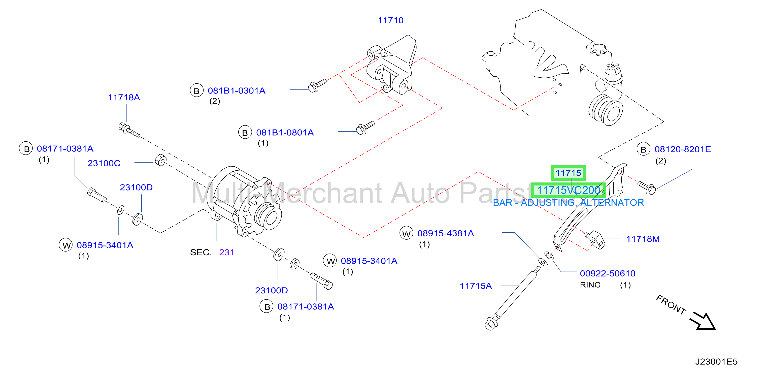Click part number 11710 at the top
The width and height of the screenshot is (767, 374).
click(390, 20)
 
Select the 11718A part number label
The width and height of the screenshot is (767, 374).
click(124, 98)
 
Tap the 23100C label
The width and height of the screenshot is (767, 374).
click(104, 163)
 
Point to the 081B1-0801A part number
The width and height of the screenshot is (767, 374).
click(285, 133)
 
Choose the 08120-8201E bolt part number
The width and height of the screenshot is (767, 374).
click(682, 149)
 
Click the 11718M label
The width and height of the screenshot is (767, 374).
click(643, 239)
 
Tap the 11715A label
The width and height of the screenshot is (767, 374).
click(476, 286)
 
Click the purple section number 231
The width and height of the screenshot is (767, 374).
click(227, 253)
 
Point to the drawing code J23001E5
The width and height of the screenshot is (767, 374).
click(716, 361)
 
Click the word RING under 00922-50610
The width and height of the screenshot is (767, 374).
click(590, 285)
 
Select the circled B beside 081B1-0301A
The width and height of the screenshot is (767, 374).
click(196, 90)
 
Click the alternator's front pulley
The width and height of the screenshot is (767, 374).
click(267, 217)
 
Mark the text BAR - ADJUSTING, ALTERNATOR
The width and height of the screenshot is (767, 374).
click(568, 203)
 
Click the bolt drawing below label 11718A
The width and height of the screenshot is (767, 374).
click(129, 131)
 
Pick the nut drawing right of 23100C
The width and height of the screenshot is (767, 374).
click(161, 160)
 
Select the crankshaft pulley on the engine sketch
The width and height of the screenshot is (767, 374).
click(606, 110)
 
